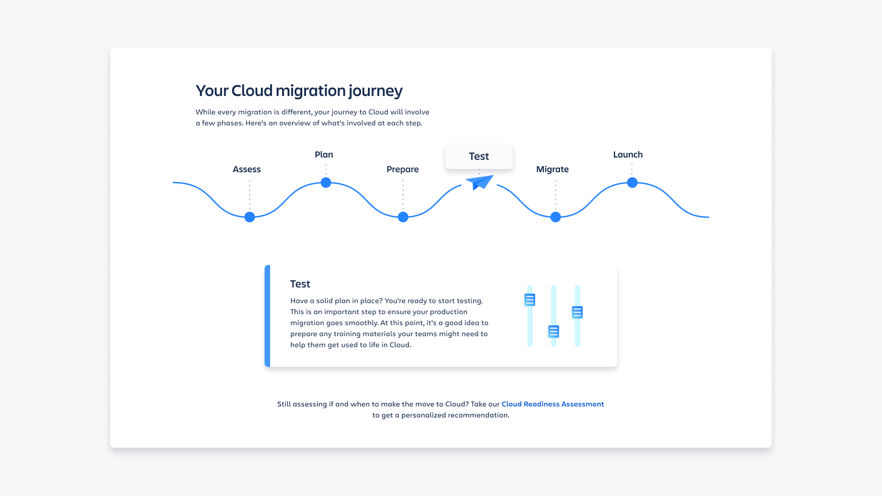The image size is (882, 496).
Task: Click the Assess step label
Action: pyautogui.click(x=247, y=169)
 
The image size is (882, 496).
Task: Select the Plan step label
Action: pyautogui.click(x=324, y=154)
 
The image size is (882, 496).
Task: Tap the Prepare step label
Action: pyautogui.click(x=402, y=169)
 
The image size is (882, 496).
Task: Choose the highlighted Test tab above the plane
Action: pyautogui.click(x=479, y=157)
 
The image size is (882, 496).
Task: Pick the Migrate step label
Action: pyautogui.click(x=552, y=169)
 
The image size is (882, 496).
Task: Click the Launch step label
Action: pyautogui.click(x=628, y=154)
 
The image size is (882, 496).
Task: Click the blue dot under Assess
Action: pyautogui.click(x=249, y=217)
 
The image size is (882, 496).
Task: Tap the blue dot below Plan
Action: pyautogui.click(x=326, y=182)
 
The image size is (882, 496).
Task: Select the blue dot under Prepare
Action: pyautogui.click(x=403, y=217)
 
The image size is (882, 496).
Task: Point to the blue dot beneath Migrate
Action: pyautogui.click(x=555, y=217)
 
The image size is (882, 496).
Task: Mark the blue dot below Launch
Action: pyautogui.click(x=632, y=182)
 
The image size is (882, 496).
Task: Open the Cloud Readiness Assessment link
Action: pyautogui.click(x=553, y=404)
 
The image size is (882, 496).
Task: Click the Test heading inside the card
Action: pyautogui.click(x=300, y=284)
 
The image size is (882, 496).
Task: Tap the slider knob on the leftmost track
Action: pyautogui.click(x=530, y=300)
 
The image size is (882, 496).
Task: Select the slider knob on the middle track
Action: pyautogui.click(x=554, y=331)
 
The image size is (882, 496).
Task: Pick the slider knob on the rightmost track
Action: pyautogui.click(x=577, y=312)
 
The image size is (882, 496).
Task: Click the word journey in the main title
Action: pyautogui.click(x=376, y=91)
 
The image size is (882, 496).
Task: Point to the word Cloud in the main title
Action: pyautogui.click(x=252, y=90)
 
